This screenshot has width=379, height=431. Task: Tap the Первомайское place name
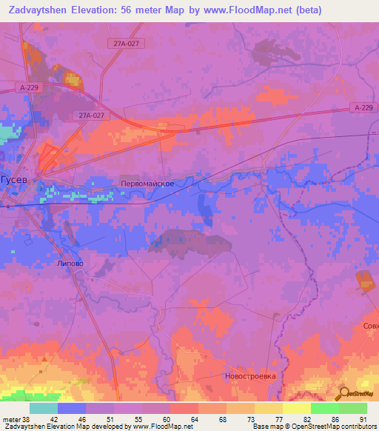click(x=147, y=183)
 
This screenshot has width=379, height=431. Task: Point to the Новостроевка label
click(x=249, y=375)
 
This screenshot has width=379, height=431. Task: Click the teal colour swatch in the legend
click(x=44, y=407)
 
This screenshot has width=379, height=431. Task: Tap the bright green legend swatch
click(x=325, y=407)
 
